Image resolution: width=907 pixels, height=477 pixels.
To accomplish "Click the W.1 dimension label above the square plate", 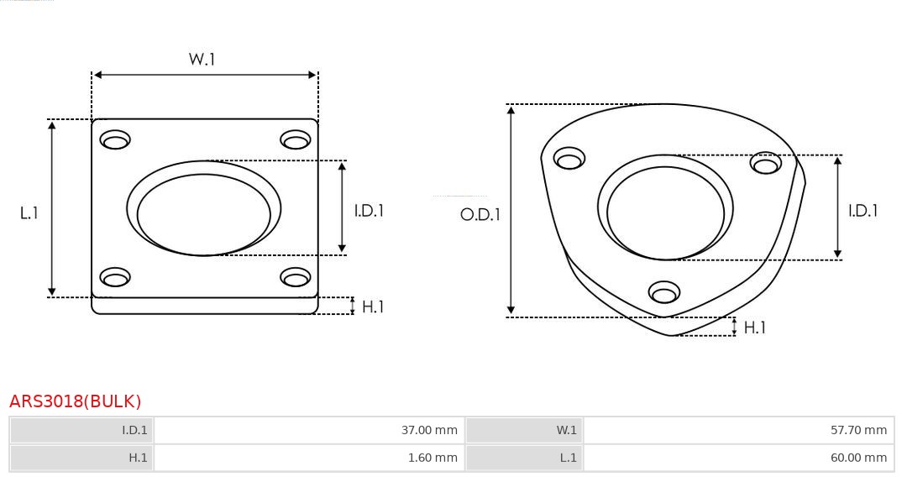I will [x=202, y=59].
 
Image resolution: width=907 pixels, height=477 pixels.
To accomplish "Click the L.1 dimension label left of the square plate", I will [x=29, y=213].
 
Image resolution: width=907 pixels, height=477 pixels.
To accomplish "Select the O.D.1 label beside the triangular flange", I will [x=480, y=214].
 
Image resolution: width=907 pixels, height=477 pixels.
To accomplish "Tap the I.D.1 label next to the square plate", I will [x=368, y=211].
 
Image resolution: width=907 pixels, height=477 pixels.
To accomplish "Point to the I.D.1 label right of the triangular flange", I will [x=862, y=211].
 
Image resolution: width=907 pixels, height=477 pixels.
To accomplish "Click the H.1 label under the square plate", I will [x=373, y=307].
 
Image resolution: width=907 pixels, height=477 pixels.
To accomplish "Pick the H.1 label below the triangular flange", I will [x=755, y=328].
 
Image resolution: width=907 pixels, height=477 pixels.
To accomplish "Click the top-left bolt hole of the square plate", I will [x=115, y=139].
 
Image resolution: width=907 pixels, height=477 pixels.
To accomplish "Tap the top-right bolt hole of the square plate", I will [x=296, y=139].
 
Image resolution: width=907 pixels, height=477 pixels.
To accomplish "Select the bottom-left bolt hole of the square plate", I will [x=115, y=277].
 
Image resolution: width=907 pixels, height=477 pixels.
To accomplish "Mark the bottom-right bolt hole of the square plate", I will [x=296, y=277].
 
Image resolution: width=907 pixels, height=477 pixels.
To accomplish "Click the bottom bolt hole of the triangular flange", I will [x=664, y=292].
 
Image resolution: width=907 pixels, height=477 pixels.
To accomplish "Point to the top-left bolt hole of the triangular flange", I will [x=569, y=159].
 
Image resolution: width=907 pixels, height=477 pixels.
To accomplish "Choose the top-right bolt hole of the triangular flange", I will [x=766, y=163].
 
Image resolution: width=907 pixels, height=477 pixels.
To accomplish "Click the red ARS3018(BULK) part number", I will [x=76, y=401].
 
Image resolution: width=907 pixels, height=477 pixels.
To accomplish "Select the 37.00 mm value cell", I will [x=308, y=430].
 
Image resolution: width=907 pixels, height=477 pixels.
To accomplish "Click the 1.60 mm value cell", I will [x=308, y=458].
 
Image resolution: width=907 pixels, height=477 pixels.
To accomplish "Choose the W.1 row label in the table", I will [x=524, y=430].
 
